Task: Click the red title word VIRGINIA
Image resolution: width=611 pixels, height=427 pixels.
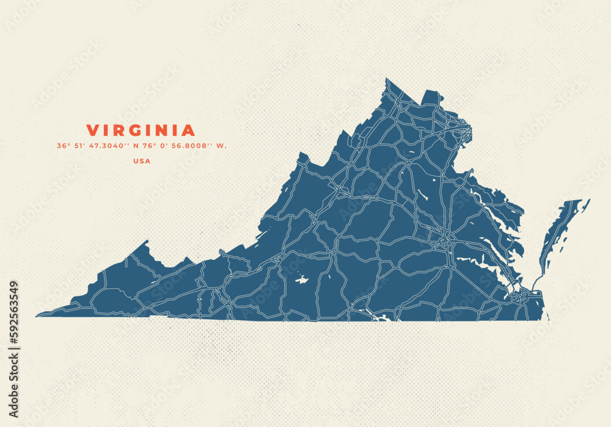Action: coord(141,131)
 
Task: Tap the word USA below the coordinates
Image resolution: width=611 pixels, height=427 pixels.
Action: coord(142,161)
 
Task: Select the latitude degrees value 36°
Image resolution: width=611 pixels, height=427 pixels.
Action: coord(62,146)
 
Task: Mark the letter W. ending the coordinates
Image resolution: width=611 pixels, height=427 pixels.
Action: coord(222,146)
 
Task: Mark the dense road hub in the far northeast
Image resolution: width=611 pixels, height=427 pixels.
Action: coord(464,129)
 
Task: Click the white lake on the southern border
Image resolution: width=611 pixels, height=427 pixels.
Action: coord(381,317)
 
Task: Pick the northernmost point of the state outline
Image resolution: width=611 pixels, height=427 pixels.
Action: coord(387,79)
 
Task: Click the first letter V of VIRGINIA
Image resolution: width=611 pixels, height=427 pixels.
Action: coord(92,131)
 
